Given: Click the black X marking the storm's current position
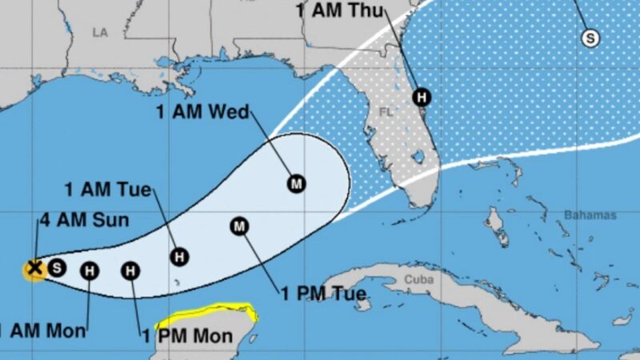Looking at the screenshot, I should point(34,268).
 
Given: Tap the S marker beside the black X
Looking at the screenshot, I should point(56,268).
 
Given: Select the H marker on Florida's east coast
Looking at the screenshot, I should point(421,97).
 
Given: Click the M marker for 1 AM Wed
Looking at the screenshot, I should point(297,184).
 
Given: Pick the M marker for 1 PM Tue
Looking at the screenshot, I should point(239,226).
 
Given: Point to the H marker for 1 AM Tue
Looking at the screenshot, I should point(180,256).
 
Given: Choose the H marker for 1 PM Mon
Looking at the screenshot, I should point(130,271).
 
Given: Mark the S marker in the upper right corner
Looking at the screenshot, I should point(590,37).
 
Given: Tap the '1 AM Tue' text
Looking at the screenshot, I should point(108,190).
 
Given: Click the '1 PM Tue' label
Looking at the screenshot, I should point(323,294).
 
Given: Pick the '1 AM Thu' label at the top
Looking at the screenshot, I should point(339,10).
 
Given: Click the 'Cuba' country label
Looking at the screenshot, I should point(418,279).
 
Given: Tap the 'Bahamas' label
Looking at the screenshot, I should point(590,215).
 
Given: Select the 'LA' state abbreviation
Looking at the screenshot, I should point(99,32).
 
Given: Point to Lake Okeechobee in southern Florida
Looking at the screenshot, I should point(417,156).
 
